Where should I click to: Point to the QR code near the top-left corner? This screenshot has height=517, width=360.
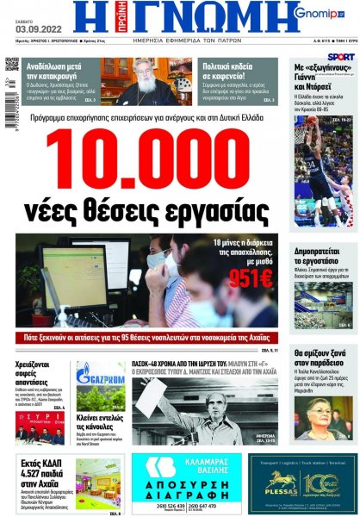[x=11, y=65]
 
